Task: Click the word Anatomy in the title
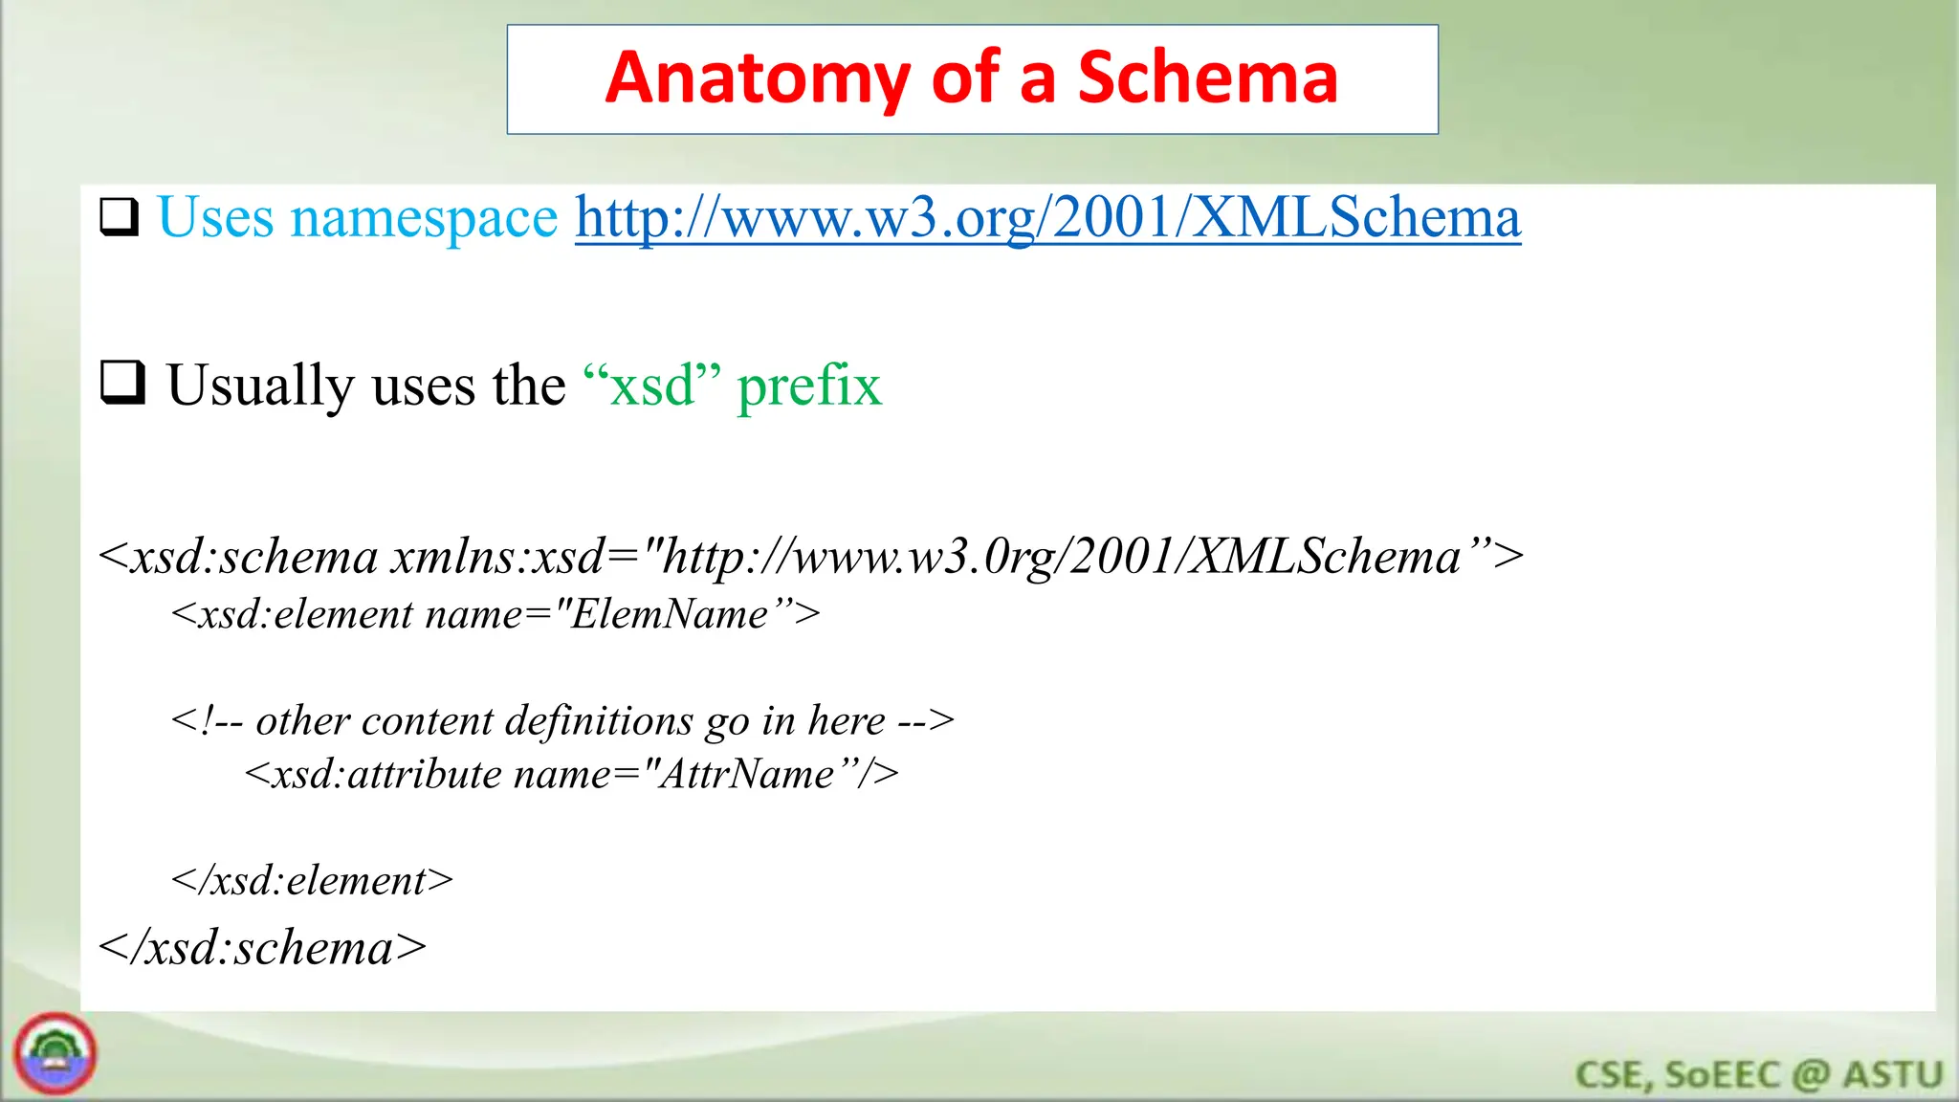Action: [758, 79]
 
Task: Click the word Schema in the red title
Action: [1207, 77]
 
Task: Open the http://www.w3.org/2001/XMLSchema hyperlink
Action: [1047, 218]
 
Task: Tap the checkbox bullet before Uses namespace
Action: [120, 217]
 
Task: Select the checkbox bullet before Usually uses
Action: [122, 384]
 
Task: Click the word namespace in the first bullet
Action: [424, 218]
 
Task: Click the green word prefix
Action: [809, 386]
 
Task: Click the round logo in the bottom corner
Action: [55, 1054]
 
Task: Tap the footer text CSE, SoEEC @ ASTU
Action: [1758, 1074]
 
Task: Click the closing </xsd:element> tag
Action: [312, 880]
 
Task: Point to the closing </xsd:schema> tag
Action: [262, 948]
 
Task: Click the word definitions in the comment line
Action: [599, 720]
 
